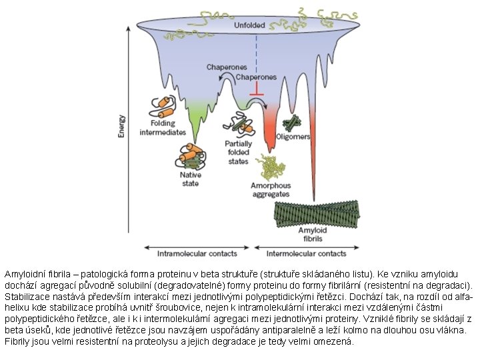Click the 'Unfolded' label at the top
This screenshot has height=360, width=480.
pos(249,25)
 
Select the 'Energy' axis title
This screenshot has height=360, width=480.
pos(121,125)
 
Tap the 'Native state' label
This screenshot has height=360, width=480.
pos(191,179)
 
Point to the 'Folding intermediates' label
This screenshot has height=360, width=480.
pos(163,128)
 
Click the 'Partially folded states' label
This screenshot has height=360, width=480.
pos(238,153)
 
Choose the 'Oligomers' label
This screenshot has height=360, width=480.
pos(293,137)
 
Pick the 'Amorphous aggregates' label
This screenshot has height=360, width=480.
pos(271,189)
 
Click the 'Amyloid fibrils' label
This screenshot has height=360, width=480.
pos(311,234)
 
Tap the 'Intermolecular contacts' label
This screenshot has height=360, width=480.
pos(306,253)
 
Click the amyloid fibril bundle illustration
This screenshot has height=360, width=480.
pos(317,213)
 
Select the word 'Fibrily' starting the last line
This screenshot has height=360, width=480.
pos(17,341)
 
